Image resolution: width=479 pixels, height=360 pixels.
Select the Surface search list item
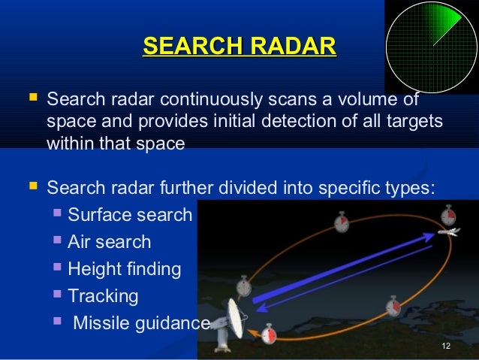130,215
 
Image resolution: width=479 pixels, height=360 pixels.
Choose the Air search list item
109,242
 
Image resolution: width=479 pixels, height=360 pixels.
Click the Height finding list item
124,269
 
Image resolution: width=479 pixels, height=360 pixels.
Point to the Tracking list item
103,296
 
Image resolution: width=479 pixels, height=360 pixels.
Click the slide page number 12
446,346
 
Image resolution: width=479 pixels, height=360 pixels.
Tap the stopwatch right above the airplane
448,215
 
